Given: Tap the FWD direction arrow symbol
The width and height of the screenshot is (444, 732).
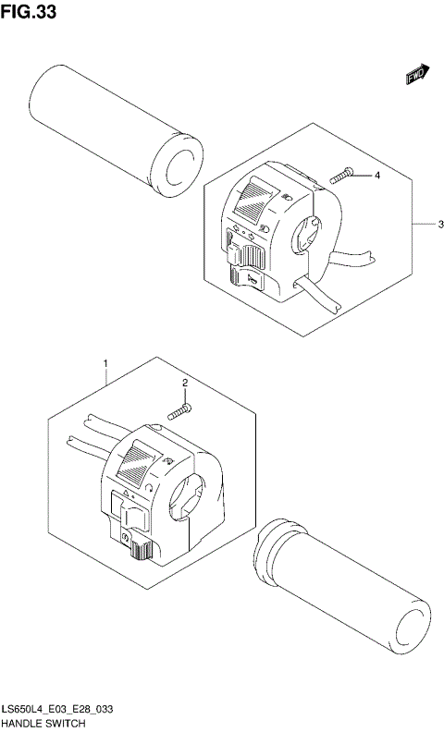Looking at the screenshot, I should [x=418, y=76].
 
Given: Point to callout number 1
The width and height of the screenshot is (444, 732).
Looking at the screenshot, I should [x=106, y=363].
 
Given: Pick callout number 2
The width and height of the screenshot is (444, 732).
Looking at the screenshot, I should [x=185, y=383].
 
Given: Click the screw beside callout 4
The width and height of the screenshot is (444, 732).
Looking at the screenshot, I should [x=342, y=176].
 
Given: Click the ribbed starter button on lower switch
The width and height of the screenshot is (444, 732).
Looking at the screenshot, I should [x=142, y=551].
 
